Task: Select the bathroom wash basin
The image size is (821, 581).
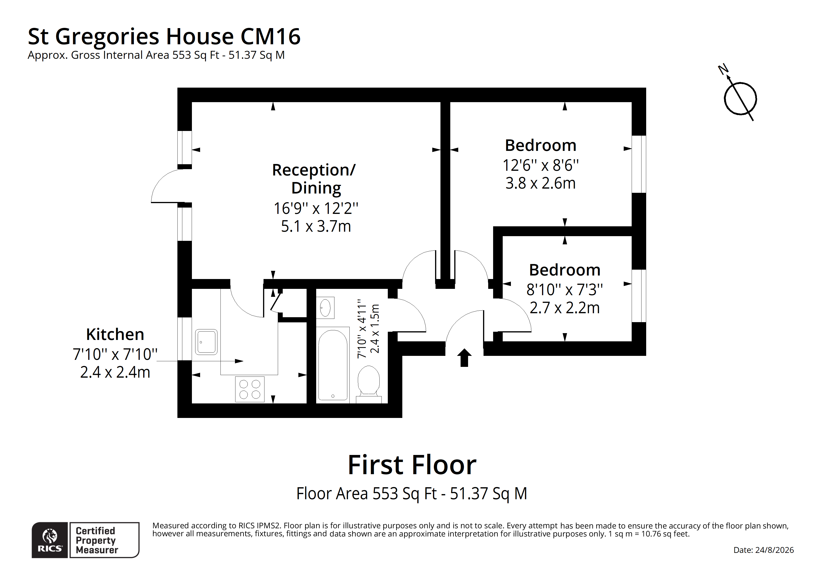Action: coord(325,308)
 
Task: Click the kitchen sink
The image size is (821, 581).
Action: coord(206,342)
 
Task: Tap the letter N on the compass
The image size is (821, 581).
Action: coord(723,69)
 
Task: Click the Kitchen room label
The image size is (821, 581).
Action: coord(115,334)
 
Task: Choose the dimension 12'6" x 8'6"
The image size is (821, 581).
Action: coord(541,165)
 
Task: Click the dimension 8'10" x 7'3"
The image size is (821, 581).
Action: coord(565,290)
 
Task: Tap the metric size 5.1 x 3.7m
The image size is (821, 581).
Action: coord(316,226)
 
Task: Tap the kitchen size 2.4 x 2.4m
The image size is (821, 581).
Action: coord(115,372)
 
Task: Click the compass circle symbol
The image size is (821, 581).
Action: coord(740,99)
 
